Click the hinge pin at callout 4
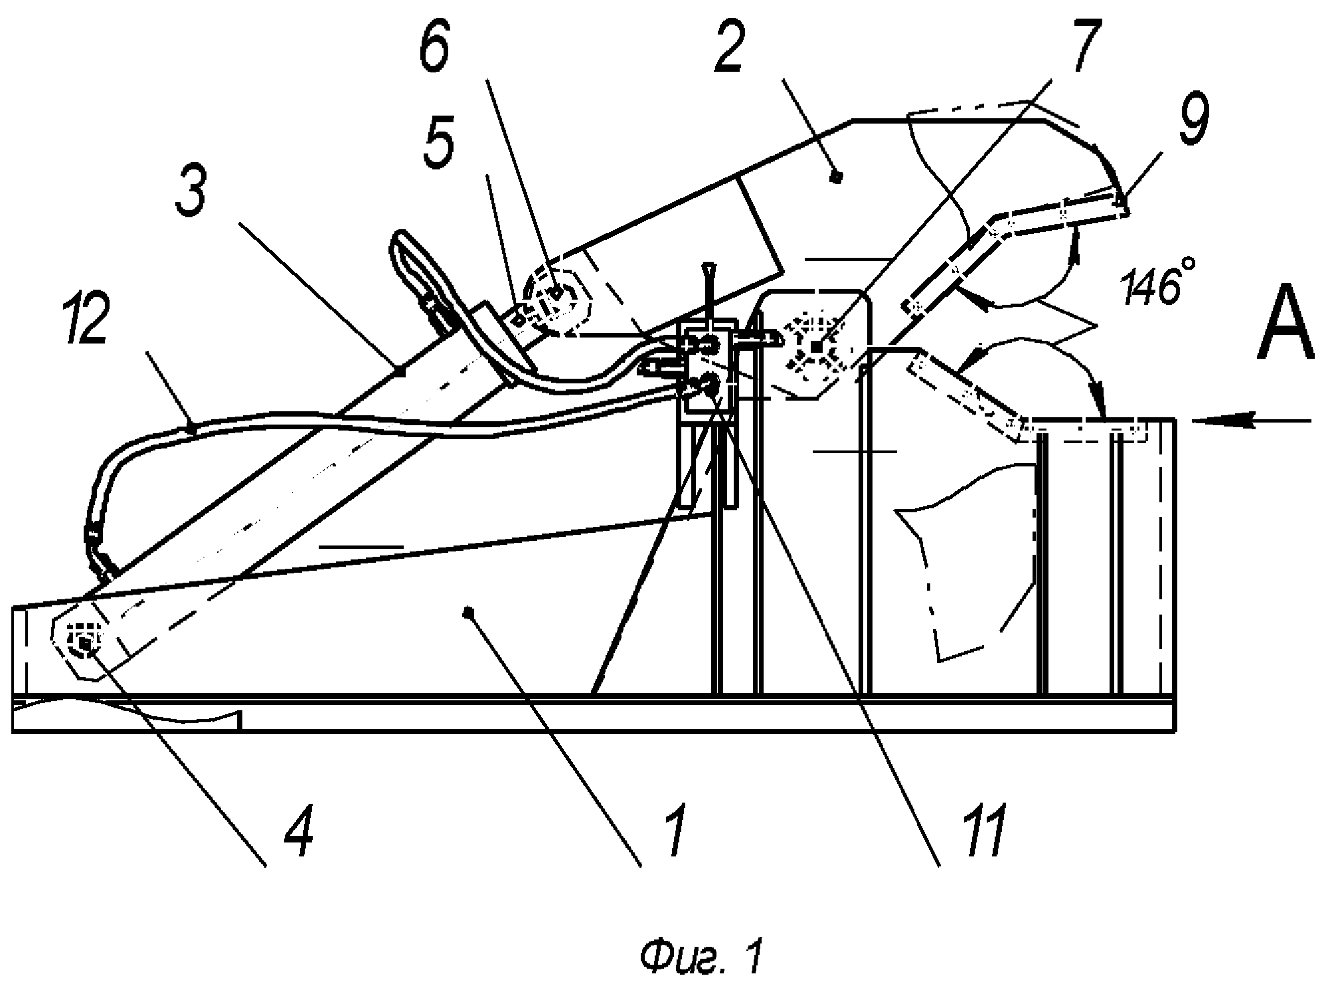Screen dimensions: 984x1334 (x=84, y=644)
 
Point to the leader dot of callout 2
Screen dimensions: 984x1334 (x=839, y=177)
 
